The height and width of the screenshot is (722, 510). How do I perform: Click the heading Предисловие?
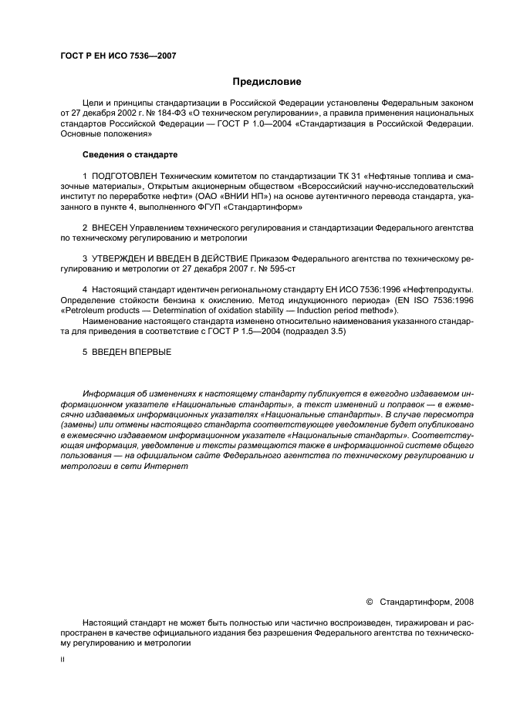point(267,82)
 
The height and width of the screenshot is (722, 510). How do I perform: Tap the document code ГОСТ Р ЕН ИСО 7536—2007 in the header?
point(113,56)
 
